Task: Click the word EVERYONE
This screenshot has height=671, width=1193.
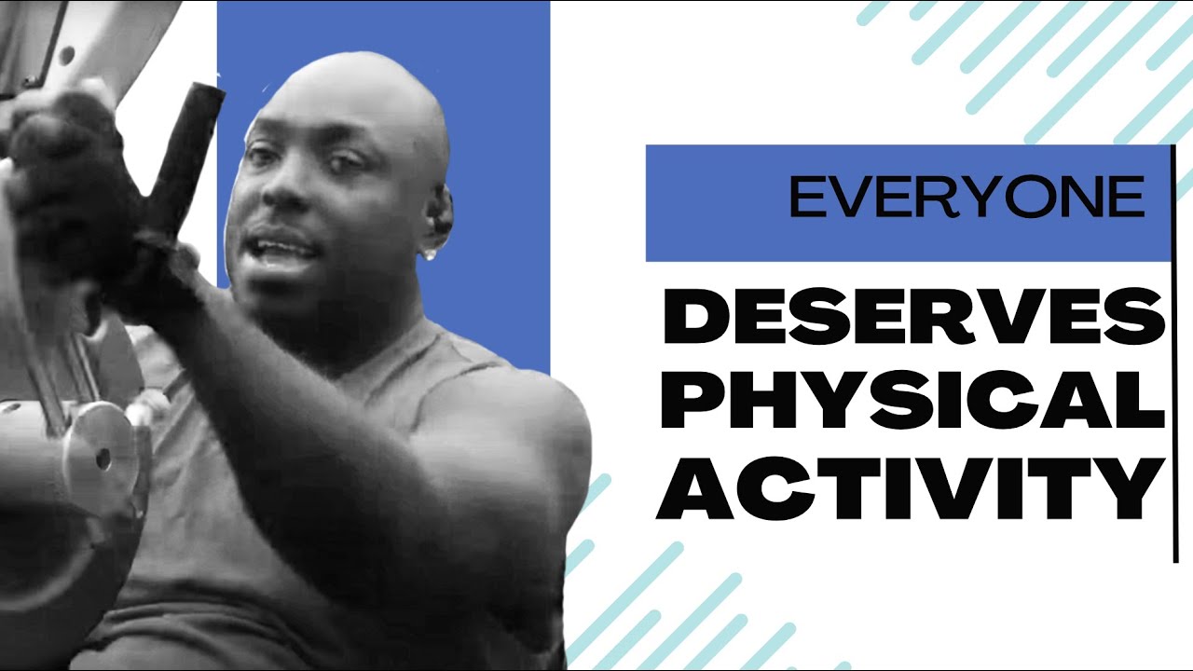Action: tap(967, 197)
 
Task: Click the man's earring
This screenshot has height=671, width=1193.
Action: tap(432, 253)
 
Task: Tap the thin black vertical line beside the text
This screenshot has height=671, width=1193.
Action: tap(1174, 354)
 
